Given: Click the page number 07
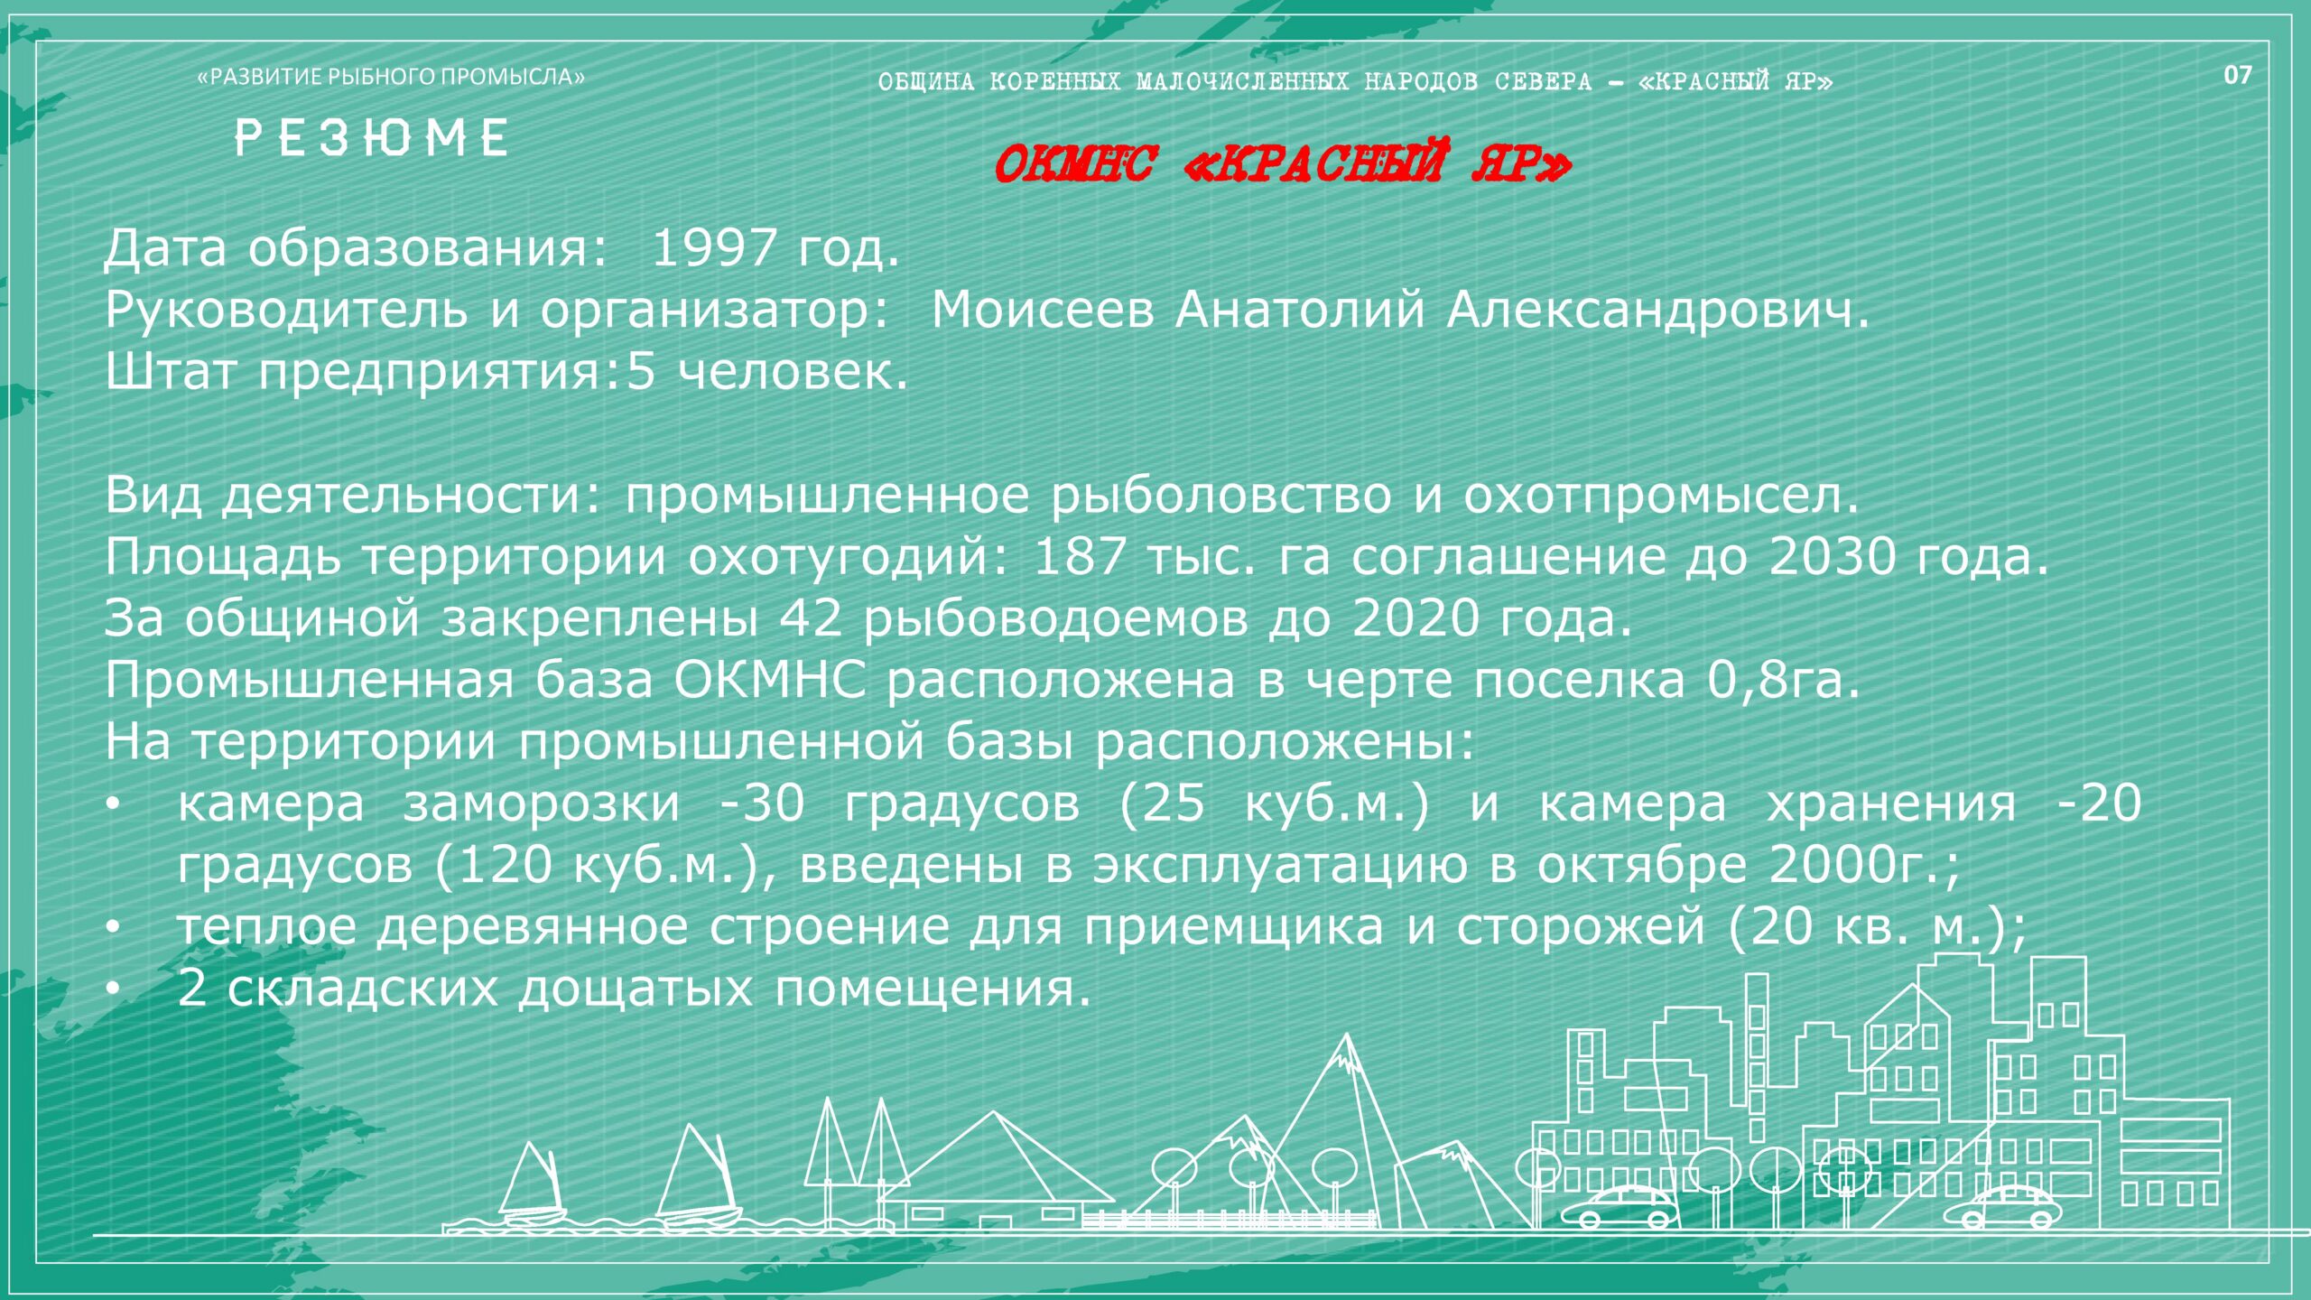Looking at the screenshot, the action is pos(2238,75).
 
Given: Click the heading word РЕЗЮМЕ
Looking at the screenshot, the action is pos(371,138).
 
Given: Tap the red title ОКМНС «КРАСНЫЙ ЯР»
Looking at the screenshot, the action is pos(1282,163).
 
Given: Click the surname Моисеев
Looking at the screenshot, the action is pos(1043,310).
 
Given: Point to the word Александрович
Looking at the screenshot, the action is pos(1657,310).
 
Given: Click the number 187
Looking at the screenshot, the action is pos(1080,556).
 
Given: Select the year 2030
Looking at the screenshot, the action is pos(1832,556).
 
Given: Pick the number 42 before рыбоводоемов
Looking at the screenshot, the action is pos(811,618).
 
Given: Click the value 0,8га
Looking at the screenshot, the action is pos(1783,680).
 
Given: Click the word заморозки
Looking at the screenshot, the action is pos(542,803).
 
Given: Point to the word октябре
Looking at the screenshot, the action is pos(1642,865).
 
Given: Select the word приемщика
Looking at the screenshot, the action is pos(1233,927).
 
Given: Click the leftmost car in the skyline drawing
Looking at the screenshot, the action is pos(1620,1207).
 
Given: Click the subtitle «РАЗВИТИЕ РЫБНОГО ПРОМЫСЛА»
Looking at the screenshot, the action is pos(391,77).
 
